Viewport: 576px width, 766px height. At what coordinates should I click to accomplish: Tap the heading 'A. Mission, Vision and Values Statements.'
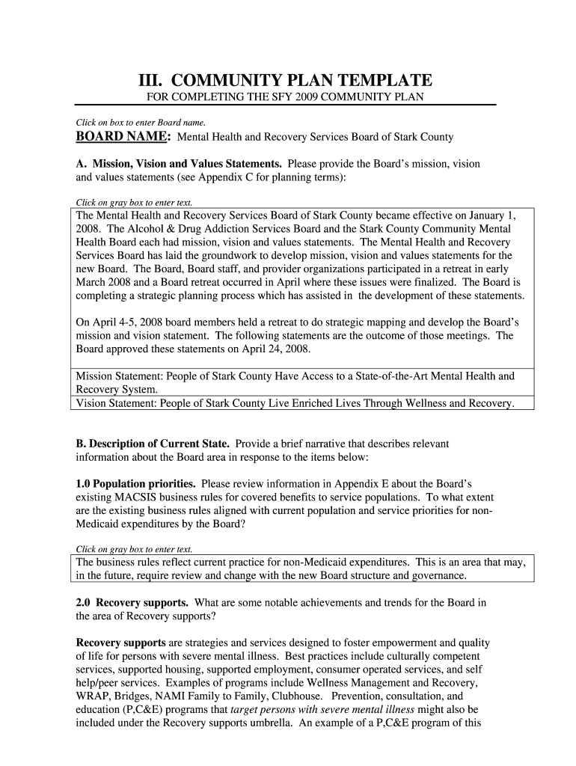tap(179, 163)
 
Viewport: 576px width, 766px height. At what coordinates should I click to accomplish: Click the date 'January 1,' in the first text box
tap(490, 215)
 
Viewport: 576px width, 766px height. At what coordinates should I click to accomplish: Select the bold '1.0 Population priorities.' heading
tap(136, 484)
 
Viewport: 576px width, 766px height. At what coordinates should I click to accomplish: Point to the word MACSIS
tap(139, 497)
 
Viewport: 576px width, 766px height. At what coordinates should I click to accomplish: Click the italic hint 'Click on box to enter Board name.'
tap(141, 122)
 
